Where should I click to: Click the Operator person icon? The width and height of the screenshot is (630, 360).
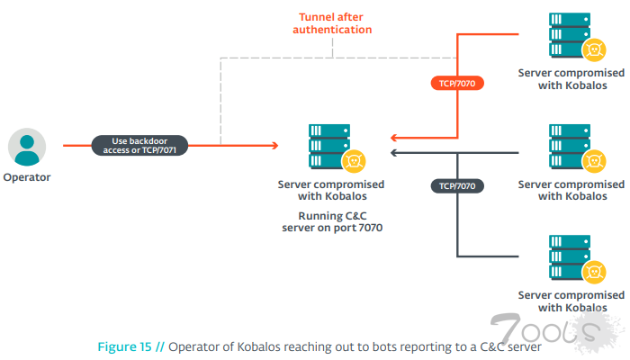click(x=27, y=146)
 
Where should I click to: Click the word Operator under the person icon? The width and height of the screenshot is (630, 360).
click(x=27, y=177)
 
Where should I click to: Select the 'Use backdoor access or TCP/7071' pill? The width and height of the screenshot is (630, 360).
click(x=139, y=145)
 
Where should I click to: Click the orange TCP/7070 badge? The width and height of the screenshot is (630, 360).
click(x=457, y=83)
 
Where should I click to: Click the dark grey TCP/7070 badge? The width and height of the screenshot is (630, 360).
click(x=457, y=185)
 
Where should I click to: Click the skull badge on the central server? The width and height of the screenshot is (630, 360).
click(x=354, y=161)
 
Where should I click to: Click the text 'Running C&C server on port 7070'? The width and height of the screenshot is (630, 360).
click(x=330, y=222)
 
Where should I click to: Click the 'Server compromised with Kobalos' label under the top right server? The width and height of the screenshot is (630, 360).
click(x=570, y=78)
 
